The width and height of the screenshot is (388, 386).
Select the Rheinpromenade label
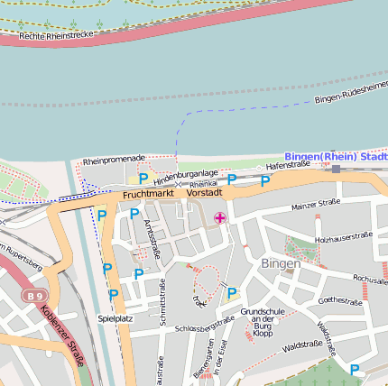[114, 161]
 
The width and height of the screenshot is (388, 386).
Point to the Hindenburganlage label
[184, 172]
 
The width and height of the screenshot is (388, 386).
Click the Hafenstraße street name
[287, 165]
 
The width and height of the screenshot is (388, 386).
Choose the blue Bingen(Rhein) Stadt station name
[336, 156]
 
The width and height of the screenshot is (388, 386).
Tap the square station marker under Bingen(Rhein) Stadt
[336, 168]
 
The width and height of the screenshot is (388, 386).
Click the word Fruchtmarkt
[147, 194]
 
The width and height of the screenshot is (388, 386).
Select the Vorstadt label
[204, 193]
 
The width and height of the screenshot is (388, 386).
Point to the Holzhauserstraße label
[344, 236]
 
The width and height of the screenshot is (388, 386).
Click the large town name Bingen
[280, 263]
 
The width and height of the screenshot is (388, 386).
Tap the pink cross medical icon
[220, 217]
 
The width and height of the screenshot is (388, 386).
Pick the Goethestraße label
[340, 300]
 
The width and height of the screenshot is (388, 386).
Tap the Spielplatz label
[115, 318]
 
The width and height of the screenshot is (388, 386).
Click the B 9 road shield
[34, 295]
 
